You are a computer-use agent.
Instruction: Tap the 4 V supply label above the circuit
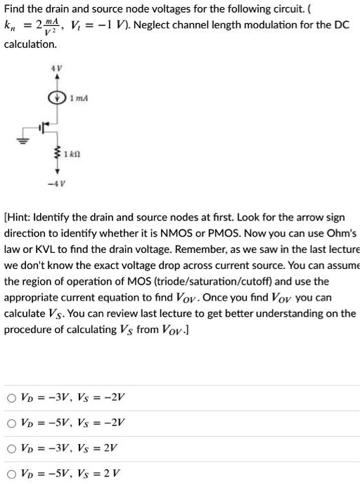[x=52, y=68]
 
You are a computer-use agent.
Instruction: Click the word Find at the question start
[x=15, y=10]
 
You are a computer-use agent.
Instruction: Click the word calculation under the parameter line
[x=30, y=44]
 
